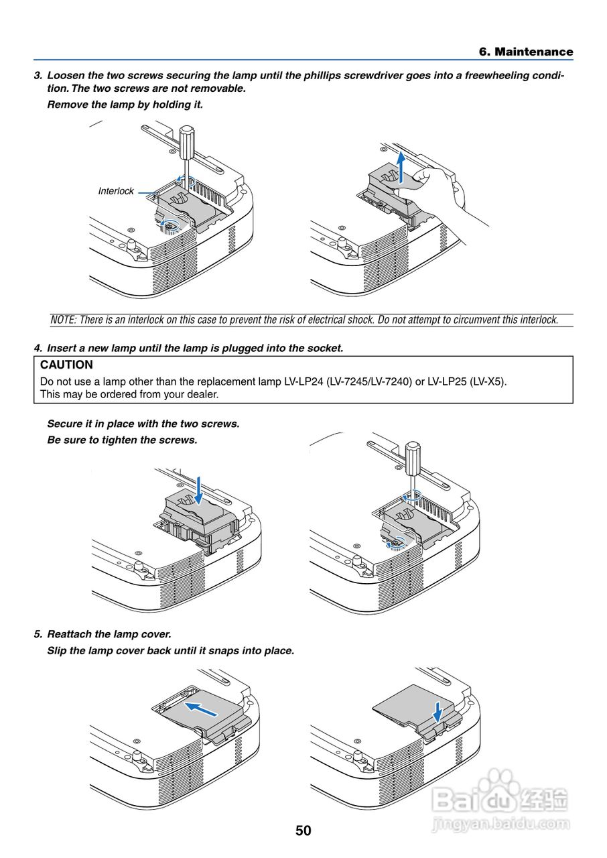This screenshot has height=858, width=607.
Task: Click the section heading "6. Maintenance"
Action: tap(526, 52)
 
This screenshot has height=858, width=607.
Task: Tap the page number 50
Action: tap(303, 831)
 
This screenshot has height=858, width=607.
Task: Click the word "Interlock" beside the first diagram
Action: tap(116, 191)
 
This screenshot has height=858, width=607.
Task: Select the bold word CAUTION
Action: tap(66, 365)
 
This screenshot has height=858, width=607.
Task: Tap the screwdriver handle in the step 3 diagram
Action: tap(188, 137)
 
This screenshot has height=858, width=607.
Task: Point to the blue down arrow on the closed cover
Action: tap(437, 711)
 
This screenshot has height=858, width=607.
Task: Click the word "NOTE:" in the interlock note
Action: tap(64, 320)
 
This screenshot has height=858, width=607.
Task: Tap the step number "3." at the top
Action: tap(38, 76)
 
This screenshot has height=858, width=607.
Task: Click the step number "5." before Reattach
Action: tap(38, 634)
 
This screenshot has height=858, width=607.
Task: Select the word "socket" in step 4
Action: tap(324, 349)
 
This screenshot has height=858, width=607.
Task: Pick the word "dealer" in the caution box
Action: tap(200, 394)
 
